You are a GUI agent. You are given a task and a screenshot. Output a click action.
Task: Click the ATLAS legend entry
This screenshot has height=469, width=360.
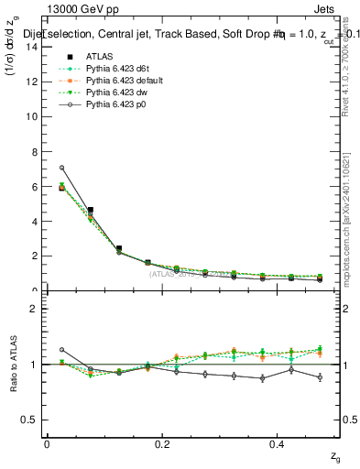[100, 57]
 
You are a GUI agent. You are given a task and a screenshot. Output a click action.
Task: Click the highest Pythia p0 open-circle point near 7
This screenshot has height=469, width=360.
[61, 168]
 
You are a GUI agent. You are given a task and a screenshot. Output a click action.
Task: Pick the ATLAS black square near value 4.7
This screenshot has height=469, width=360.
[90, 210]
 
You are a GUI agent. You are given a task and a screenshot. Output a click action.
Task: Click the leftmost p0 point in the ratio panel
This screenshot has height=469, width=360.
[61, 350]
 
